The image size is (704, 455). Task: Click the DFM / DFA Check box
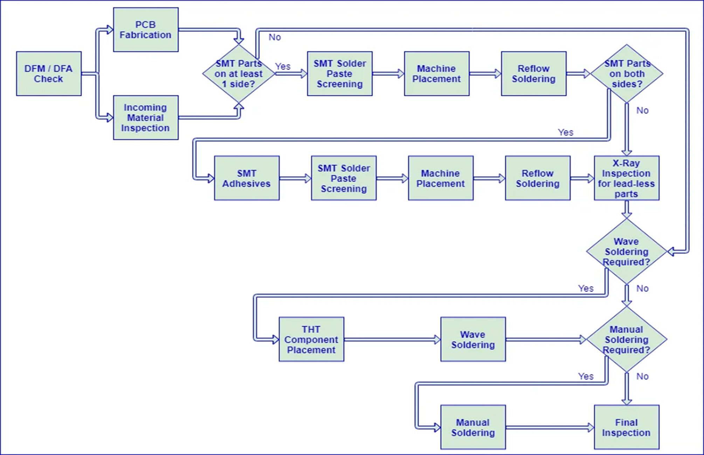tap(49, 73)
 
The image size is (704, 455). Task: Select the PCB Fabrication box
tap(146, 30)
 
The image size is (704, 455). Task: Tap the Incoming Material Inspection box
tap(146, 118)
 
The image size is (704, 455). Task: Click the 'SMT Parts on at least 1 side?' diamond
tap(239, 74)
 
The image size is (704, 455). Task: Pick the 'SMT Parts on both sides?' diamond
tap(627, 74)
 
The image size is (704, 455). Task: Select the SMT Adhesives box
tap(247, 178)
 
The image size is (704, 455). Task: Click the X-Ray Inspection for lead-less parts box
tap(626, 178)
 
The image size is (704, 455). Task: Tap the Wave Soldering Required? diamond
tap(626, 251)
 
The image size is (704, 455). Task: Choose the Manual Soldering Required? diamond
tap(626, 339)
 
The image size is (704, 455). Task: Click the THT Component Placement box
tap(311, 339)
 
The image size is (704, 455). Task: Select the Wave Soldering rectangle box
tap(473, 339)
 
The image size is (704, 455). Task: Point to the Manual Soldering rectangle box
tap(473, 427)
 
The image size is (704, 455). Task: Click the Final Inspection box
tap(626, 427)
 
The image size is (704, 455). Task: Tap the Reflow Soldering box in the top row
tap(533, 73)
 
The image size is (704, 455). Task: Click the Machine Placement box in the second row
tap(441, 178)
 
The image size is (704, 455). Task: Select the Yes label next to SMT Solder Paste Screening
tap(283, 66)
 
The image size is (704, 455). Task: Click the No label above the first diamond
tap(275, 37)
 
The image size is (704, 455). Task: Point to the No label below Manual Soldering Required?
tap(642, 376)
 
